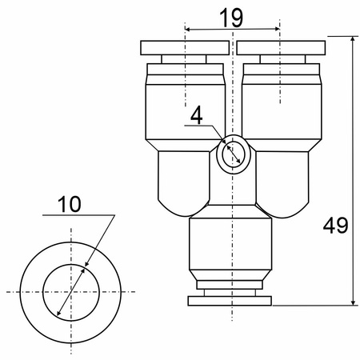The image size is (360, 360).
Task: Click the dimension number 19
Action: (x=231, y=18)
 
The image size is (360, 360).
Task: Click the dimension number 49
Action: (x=335, y=226)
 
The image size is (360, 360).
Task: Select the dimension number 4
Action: (x=197, y=115)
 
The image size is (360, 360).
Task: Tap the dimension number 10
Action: (x=69, y=204)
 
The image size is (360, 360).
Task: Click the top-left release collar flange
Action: (x=185, y=48)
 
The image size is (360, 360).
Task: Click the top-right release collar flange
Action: (x=281, y=48)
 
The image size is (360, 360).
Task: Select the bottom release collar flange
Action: (x=230, y=301)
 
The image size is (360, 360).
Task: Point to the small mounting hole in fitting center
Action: (x=234, y=154)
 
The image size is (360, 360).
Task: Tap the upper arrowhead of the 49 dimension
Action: (x=353, y=39)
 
